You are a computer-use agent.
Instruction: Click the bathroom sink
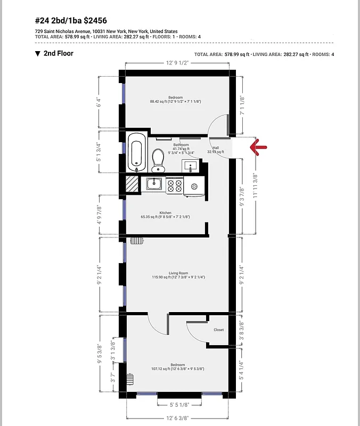[191, 167]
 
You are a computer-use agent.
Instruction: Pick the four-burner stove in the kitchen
[174, 186]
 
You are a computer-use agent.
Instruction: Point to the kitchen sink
[155, 185]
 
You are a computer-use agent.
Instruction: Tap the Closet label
[218, 330]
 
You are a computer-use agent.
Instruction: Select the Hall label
[216, 148]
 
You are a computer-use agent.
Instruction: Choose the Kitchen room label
[165, 213]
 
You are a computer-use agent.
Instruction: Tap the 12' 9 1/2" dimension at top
[177, 63]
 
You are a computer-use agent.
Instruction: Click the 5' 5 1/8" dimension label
[179, 404]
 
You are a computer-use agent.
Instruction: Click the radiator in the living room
[136, 240]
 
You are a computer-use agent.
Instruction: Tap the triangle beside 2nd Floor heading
[37, 54]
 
